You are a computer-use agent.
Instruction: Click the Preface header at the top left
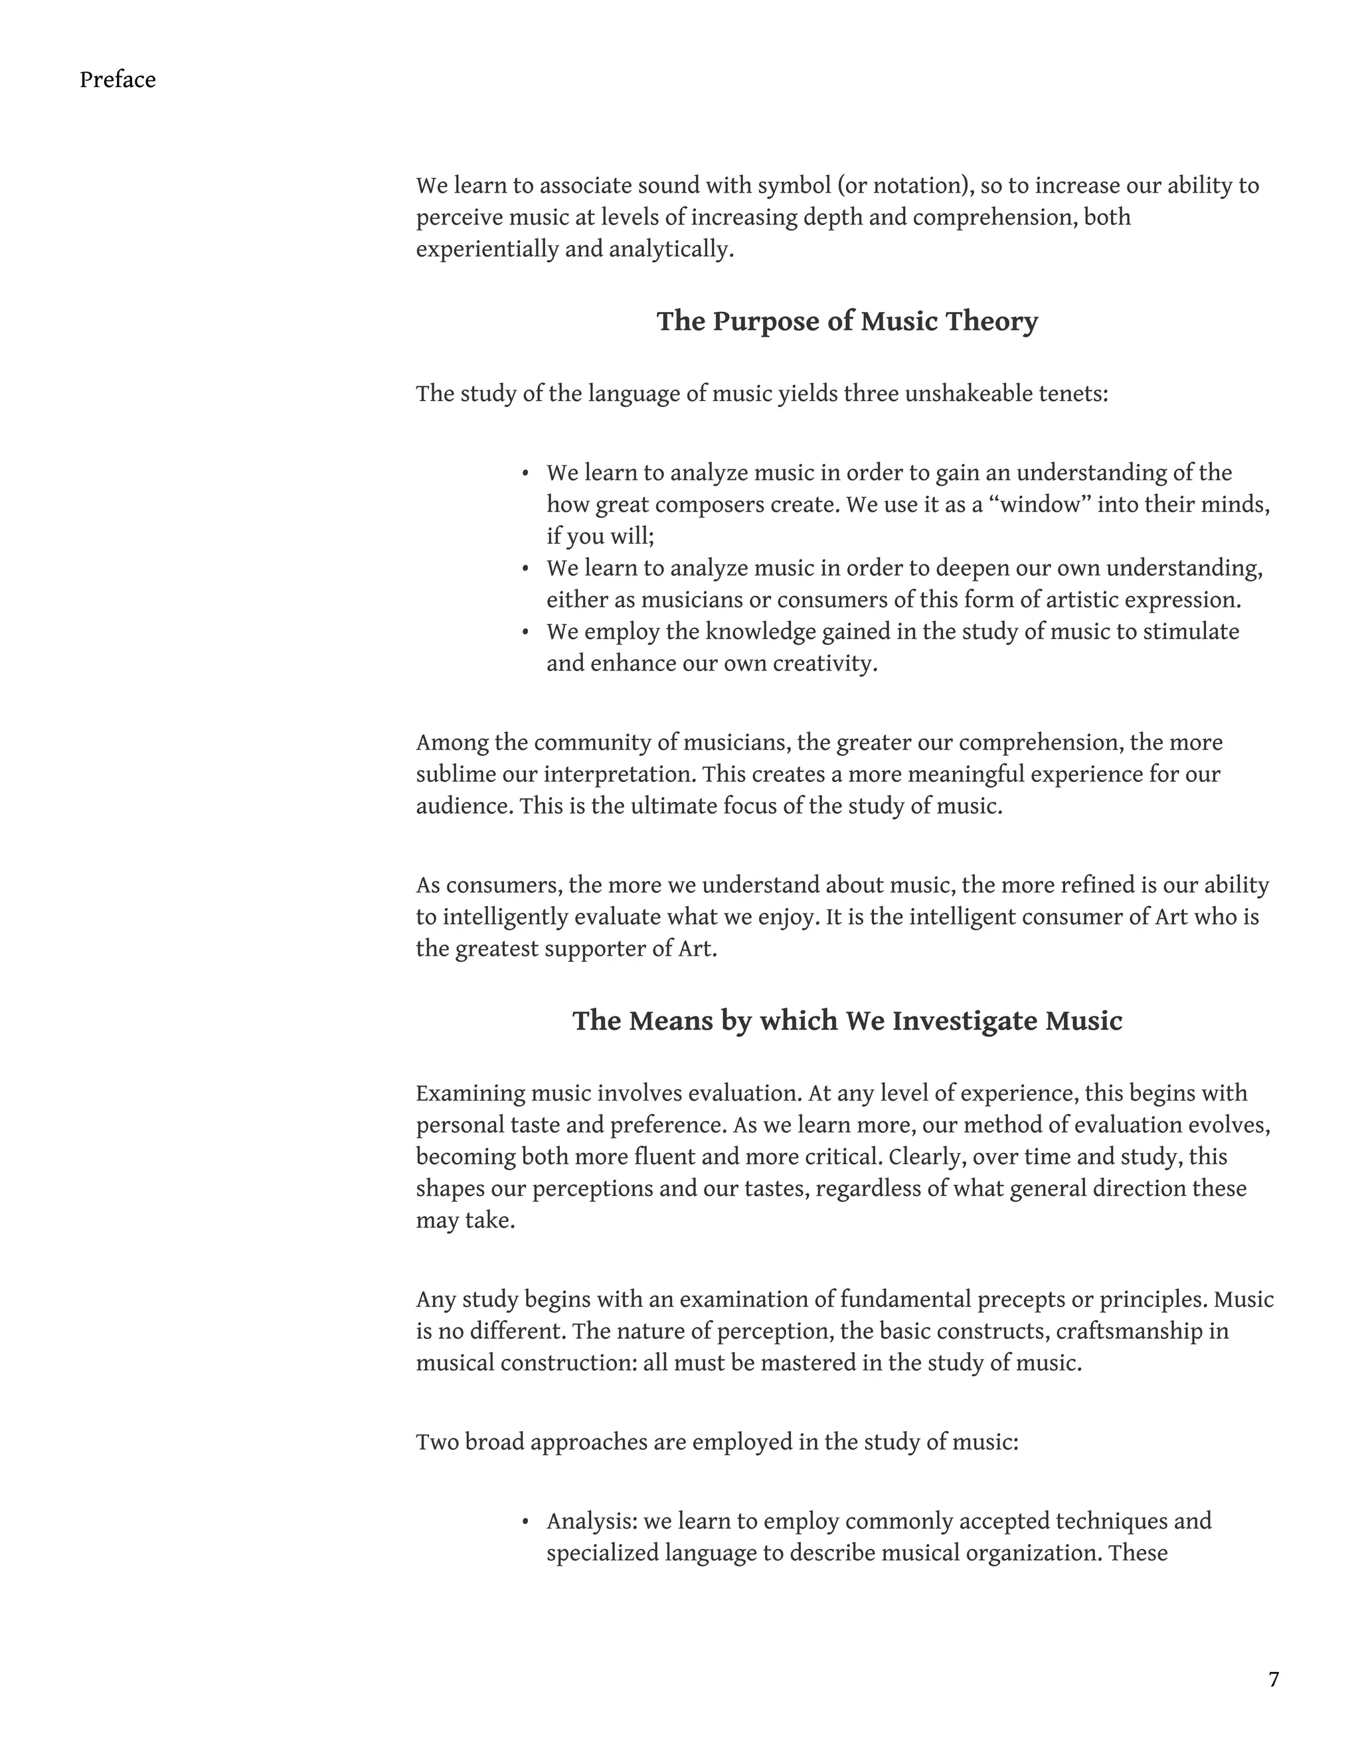pyautogui.click(x=118, y=80)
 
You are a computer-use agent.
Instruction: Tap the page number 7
pyautogui.click(x=1274, y=1679)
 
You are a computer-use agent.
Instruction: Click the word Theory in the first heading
pyautogui.click(x=992, y=321)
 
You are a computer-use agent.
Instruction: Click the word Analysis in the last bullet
pyautogui.click(x=592, y=1521)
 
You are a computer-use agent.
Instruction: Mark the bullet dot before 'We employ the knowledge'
pyautogui.click(x=525, y=633)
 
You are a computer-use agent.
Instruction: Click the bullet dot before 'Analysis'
pyautogui.click(x=525, y=1522)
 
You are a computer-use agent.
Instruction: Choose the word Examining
pyautogui.click(x=471, y=1094)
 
